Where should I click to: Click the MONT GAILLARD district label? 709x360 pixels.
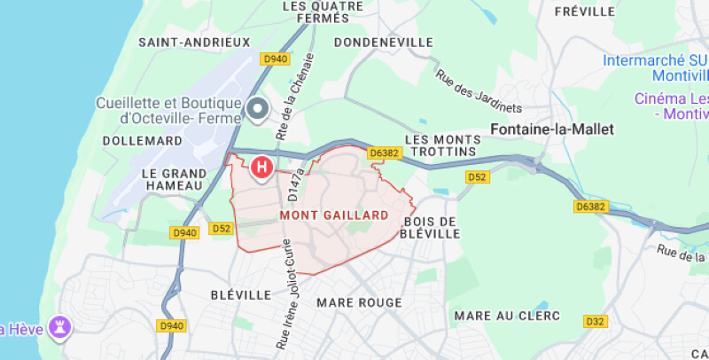(334, 215)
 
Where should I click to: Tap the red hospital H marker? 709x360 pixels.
(262, 166)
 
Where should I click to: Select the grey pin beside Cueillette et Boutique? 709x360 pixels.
(258, 109)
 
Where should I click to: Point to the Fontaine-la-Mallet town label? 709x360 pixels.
(551, 129)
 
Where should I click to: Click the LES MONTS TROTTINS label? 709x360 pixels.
(440, 145)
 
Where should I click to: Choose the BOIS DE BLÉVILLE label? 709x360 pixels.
(432, 227)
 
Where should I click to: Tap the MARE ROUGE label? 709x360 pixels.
(359, 302)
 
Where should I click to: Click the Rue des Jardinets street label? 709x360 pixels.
(479, 90)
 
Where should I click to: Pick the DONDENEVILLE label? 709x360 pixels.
(384, 42)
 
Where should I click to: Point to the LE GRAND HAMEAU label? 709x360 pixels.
(174, 179)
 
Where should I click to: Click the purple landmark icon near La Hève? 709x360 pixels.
(61, 326)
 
